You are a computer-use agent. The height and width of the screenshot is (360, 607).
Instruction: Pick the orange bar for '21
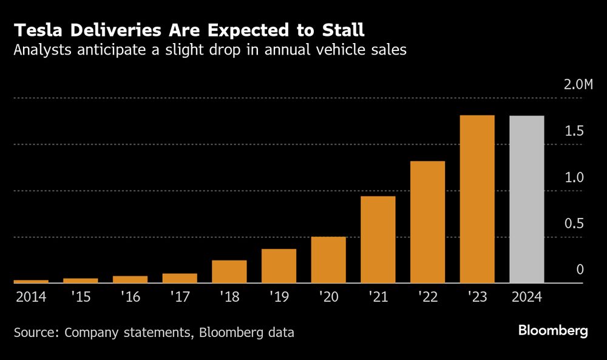point(378,240)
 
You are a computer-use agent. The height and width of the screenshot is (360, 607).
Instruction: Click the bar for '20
point(328,260)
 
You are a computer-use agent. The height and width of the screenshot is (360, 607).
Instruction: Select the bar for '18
point(229,271)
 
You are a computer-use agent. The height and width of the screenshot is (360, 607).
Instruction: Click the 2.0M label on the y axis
point(578,84)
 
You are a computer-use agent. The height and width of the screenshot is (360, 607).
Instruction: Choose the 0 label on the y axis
point(580,270)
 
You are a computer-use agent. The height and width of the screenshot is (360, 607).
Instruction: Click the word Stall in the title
point(343,30)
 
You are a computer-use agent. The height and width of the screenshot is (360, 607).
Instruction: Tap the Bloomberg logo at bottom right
point(553,331)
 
